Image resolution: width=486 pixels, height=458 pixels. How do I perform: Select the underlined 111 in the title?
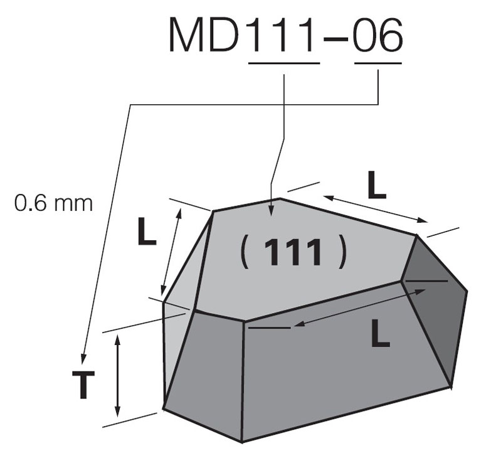coord(284,36)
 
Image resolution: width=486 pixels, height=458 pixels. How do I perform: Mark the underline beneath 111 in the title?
coord(284,63)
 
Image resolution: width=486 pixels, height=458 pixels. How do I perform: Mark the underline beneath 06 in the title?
coord(378,63)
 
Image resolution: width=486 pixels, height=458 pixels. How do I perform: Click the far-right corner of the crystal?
coord(467,290)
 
